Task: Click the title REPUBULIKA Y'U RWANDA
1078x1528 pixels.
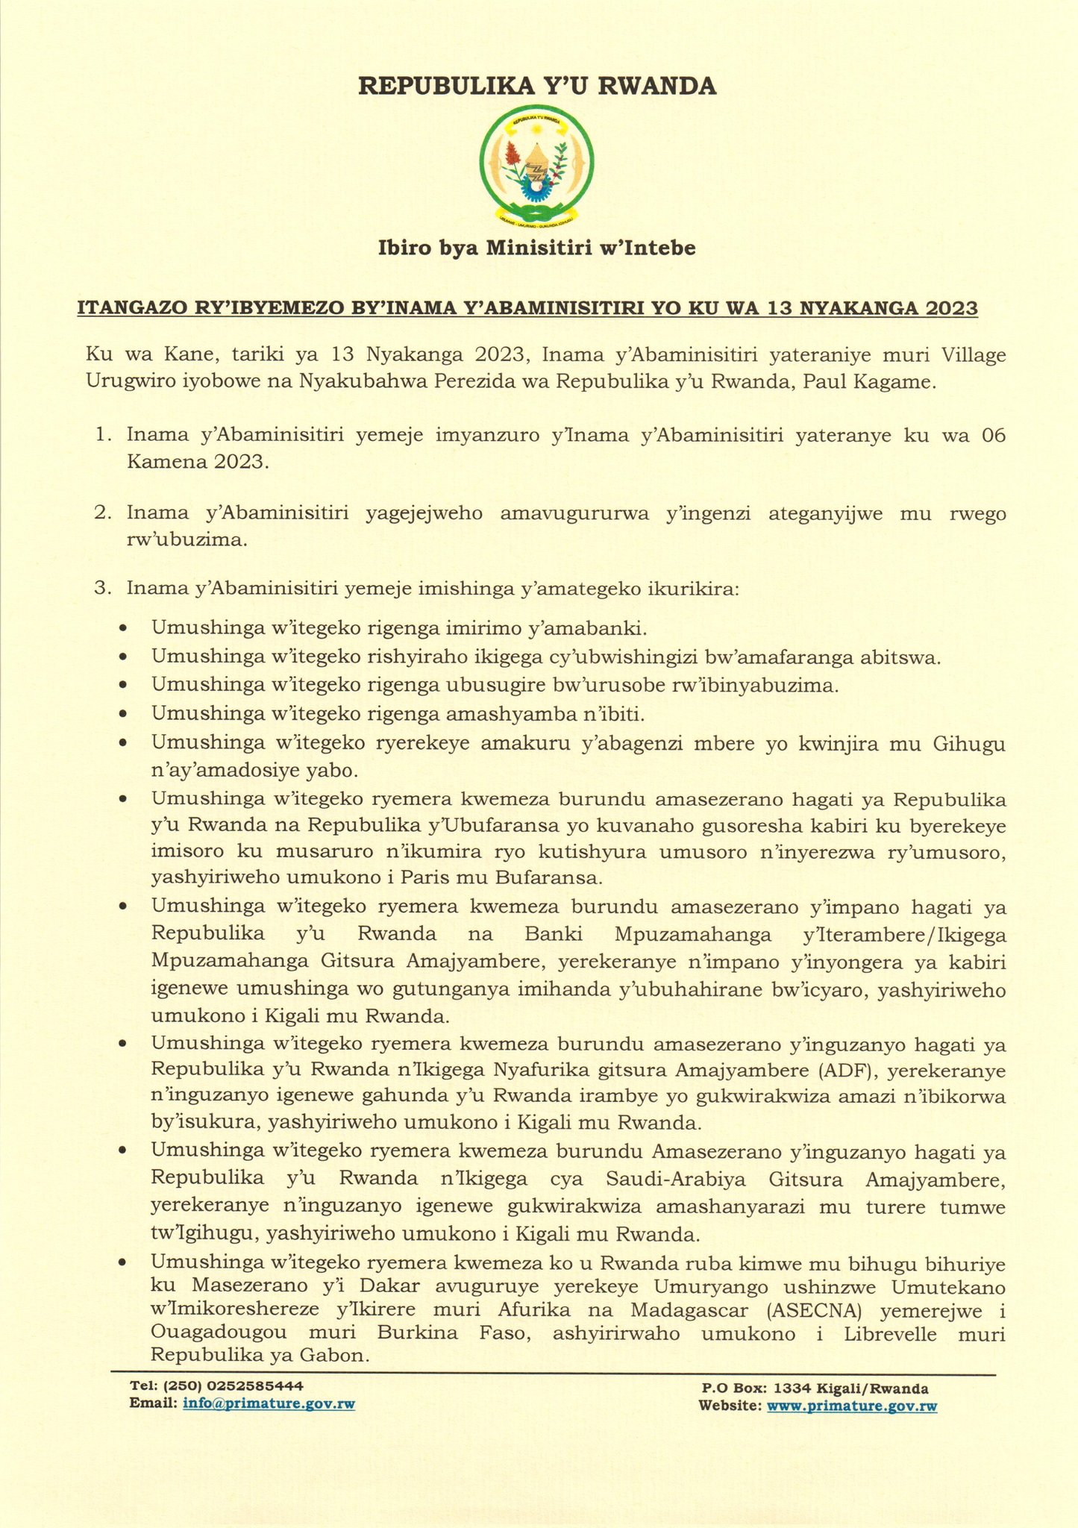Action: [537, 87]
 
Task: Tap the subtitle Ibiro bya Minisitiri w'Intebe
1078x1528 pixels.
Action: [537, 248]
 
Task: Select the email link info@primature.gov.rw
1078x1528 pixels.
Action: [269, 1403]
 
